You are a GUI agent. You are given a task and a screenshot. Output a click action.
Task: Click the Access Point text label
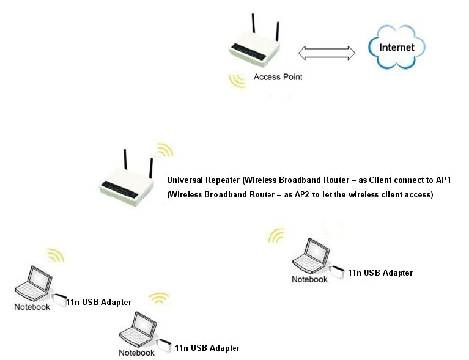point(278,77)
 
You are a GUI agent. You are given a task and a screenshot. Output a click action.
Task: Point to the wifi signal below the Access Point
point(237,80)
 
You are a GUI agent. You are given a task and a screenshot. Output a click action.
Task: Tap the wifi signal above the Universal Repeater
point(164,151)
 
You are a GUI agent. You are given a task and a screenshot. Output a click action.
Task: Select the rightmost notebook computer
point(311,257)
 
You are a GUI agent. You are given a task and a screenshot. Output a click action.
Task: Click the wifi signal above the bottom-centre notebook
point(160,298)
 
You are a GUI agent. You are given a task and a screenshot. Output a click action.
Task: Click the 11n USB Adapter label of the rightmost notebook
point(380,273)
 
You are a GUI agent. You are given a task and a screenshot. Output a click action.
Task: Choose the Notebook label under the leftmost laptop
point(32,307)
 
